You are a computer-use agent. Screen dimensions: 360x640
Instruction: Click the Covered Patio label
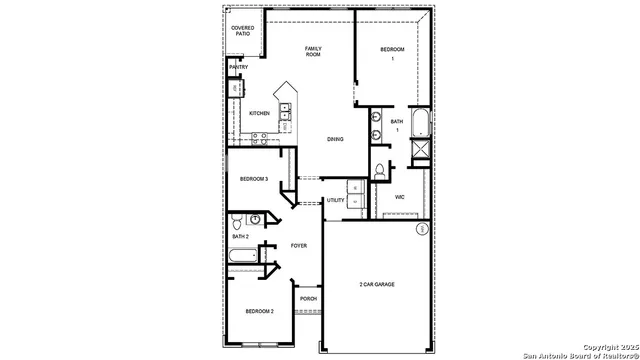pos(243,30)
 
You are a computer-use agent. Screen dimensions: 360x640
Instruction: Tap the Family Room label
pos(313,51)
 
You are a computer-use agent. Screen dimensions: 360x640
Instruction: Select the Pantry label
pos(238,67)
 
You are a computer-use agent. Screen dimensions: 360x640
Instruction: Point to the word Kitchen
pos(259,113)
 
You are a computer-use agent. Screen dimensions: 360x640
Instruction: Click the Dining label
pos(335,139)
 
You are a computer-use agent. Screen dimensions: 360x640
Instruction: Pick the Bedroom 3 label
pos(253,179)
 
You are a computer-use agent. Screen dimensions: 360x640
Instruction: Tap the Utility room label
pos(335,200)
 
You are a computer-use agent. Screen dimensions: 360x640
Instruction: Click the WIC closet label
pos(399,197)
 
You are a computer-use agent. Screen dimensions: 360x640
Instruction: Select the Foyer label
pos(298,245)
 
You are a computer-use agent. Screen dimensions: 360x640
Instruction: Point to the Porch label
pos(308,299)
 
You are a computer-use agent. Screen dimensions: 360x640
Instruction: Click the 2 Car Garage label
pos(377,285)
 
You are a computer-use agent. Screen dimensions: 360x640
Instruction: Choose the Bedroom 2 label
pos(259,311)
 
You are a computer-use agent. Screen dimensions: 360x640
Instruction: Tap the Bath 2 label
pos(240,236)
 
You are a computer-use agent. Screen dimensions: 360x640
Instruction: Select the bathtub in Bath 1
pos(419,124)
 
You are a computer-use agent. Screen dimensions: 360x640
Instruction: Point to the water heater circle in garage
pos(422,229)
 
